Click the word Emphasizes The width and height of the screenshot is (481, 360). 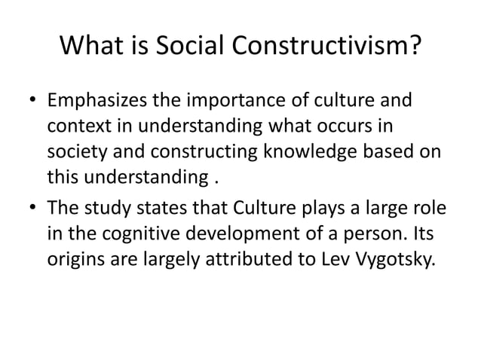[106, 101]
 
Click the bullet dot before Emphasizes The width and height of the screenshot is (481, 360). [33, 102]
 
